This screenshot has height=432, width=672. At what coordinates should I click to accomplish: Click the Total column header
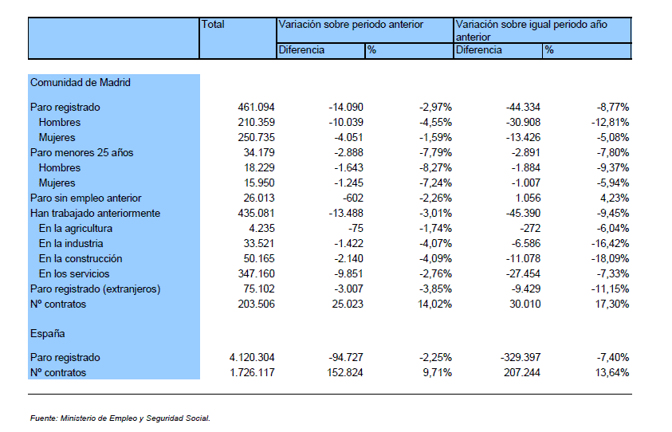coord(213,25)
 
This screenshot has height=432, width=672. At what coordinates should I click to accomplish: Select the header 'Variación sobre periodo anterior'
coord(351,25)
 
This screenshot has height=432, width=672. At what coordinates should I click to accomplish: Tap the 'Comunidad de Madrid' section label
coord(81,82)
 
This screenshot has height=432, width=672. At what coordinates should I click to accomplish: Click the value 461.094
coord(257,107)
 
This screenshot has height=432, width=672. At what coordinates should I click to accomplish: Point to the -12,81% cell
coord(611,122)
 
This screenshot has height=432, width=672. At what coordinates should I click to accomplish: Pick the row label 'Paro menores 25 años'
coord(82,152)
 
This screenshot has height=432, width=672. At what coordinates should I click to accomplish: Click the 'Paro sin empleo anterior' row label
coord(86,198)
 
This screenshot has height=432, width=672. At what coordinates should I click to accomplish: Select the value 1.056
coord(526,198)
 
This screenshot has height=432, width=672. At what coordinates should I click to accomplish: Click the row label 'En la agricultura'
coord(76,229)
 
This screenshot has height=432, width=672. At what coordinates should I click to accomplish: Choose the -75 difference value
coord(356,229)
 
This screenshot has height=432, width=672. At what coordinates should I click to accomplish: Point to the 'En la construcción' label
coord(81,258)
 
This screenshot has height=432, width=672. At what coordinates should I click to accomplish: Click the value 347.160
coord(257,274)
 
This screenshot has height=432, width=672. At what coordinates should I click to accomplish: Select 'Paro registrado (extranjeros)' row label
coord(95,289)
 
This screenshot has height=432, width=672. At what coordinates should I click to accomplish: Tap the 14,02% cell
coord(434,304)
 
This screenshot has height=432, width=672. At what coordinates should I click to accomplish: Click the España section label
coord(48,333)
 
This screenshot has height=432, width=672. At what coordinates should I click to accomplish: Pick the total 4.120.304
coord(252,357)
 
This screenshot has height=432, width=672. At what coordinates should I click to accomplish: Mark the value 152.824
coord(345,372)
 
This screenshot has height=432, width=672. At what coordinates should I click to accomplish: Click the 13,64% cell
coord(612,372)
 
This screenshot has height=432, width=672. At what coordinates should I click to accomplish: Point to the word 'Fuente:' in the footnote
coord(44,418)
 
